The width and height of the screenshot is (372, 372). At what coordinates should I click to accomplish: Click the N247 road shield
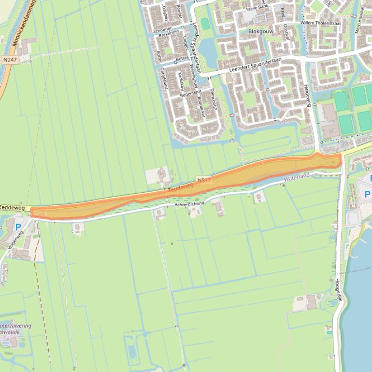click(x=9, y=60)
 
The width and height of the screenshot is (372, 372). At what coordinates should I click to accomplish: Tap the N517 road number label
click(x=204, y=181)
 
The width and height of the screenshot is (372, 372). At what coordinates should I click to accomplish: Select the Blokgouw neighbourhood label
click(x=261, y=31)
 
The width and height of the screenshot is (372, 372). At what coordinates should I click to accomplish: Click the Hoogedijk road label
click(x=339, y=289)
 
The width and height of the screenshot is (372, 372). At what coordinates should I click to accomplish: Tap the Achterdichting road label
click(x=190, y=204)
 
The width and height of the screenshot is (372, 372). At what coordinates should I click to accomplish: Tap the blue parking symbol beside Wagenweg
click(x=18, y=227)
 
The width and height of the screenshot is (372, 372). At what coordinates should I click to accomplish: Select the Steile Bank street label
click(x=257, y=8)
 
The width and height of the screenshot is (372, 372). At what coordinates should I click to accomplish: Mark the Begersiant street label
click(x=190, y=94)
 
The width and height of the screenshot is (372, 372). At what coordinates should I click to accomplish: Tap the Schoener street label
click(x=162, y=29)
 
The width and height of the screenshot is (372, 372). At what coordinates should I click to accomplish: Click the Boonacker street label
click(x=201, y=107)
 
